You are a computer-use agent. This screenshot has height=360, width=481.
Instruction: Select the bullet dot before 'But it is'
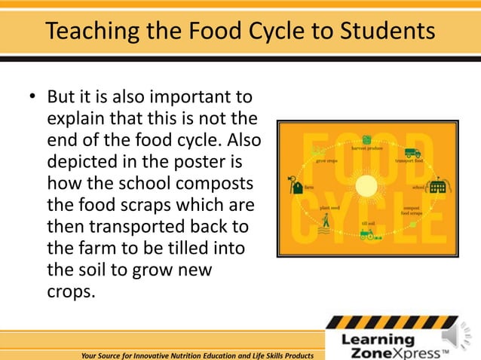pyautogui.click(x=32, y=99)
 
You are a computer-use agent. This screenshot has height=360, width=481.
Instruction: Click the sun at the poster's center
pyautogui.click(x=366, y=186)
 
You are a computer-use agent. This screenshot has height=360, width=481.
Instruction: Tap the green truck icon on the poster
pyautogui.click(x=412, y=153)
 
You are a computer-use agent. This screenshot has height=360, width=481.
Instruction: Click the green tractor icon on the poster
pyautogui.click(x=367, y=233)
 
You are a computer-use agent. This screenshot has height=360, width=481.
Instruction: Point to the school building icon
pyautogui.click(x=438, y=185)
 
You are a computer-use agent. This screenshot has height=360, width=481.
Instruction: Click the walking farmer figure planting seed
pyautogui.click(x=326, y=221)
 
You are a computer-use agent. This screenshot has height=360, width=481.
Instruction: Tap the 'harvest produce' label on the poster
pyautogui.click(x=367, y=149)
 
